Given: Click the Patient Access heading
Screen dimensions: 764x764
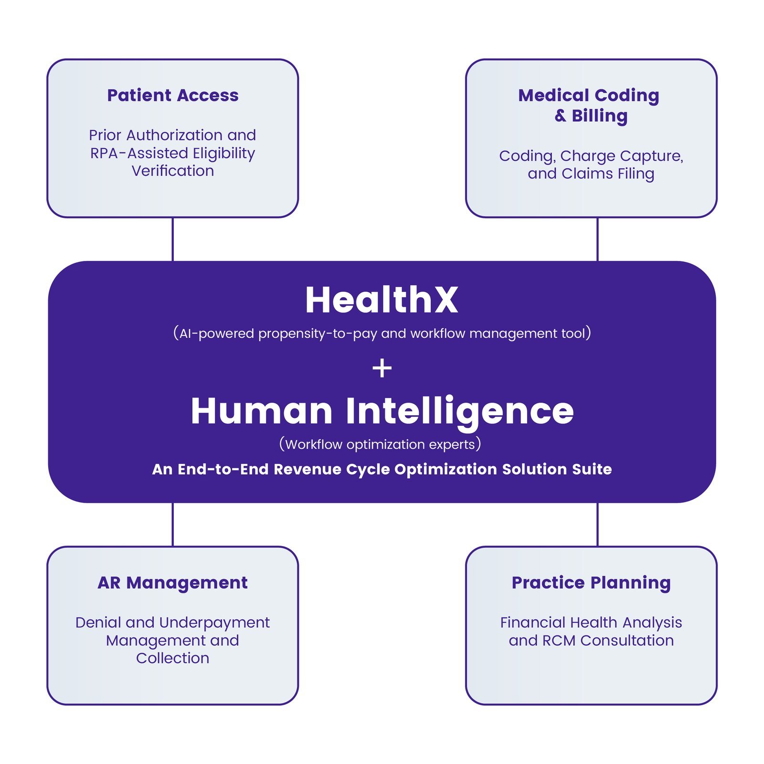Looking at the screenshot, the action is [173, 96].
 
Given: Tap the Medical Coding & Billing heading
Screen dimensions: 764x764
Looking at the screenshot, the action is [589, 106].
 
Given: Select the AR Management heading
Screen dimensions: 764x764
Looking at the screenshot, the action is [173, 583].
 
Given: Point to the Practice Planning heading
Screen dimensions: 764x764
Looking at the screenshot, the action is [591, 583].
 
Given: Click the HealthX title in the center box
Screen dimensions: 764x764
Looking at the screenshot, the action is [382, 300].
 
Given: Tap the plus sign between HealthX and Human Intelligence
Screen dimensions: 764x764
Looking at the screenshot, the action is [382, 368].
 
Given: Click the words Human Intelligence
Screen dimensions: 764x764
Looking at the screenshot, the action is [382, 411].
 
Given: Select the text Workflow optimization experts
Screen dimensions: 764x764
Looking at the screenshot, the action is [380, 444].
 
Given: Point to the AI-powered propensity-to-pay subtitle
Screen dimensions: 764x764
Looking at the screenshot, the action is [382, 333].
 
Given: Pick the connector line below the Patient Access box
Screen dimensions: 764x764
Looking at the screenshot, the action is [172, 239].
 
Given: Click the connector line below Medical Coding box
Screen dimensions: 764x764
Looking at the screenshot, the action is [597, 239].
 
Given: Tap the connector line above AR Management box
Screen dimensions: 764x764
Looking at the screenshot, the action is [172, 525].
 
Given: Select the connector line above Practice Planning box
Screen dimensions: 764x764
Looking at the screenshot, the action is [597, 525].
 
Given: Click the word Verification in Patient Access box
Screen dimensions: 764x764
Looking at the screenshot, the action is [173, 171].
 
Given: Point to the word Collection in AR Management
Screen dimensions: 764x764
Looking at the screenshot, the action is [173, 658].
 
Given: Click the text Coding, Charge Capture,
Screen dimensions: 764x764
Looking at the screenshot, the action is [591, 156].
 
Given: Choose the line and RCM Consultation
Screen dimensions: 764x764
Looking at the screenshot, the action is [591, 640].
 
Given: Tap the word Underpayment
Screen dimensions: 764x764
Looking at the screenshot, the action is [214, 623].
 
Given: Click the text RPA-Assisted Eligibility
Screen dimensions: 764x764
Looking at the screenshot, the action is [173, 153].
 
